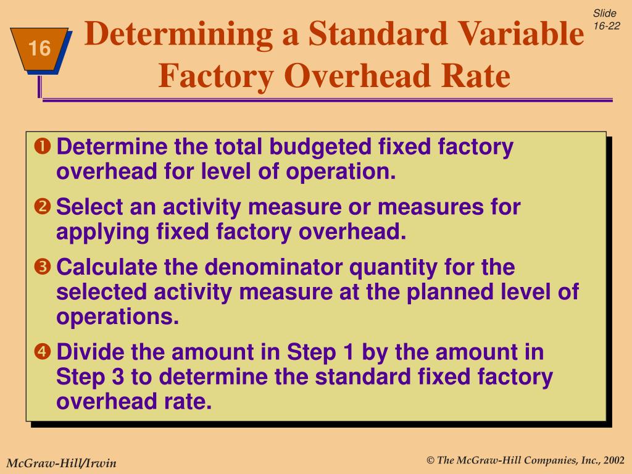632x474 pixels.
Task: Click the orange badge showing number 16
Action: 39,49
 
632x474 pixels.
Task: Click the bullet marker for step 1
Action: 43,148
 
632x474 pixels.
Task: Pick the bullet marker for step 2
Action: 43,207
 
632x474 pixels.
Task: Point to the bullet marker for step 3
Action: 43,268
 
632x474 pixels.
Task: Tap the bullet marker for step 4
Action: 43,352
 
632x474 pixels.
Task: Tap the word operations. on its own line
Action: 117,317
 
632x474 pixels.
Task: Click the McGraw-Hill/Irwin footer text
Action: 61,463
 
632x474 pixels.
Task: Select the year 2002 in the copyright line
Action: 614,460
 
